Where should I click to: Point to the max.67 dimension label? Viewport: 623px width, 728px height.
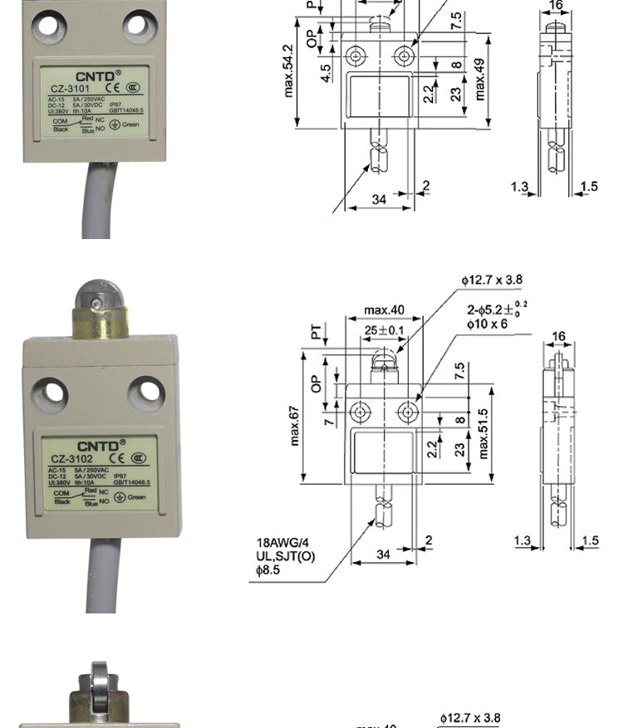coord(294,425)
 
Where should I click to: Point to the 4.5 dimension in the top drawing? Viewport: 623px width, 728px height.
coord(326,73)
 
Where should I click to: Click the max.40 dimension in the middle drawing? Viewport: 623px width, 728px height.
coord(385,310)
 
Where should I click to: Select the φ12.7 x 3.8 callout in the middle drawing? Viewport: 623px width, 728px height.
coord(493,281)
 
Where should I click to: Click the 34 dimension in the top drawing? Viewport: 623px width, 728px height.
coord(379,199)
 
